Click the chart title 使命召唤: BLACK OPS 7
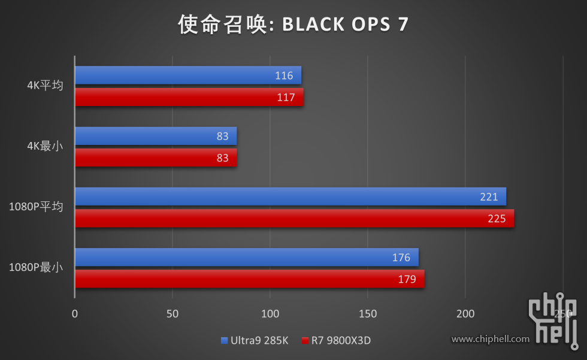293,24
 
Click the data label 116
284,75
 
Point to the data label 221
489,196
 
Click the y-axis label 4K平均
45,85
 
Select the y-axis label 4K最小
45,146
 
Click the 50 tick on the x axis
173,313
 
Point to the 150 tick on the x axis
368,313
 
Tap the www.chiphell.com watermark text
491,339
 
